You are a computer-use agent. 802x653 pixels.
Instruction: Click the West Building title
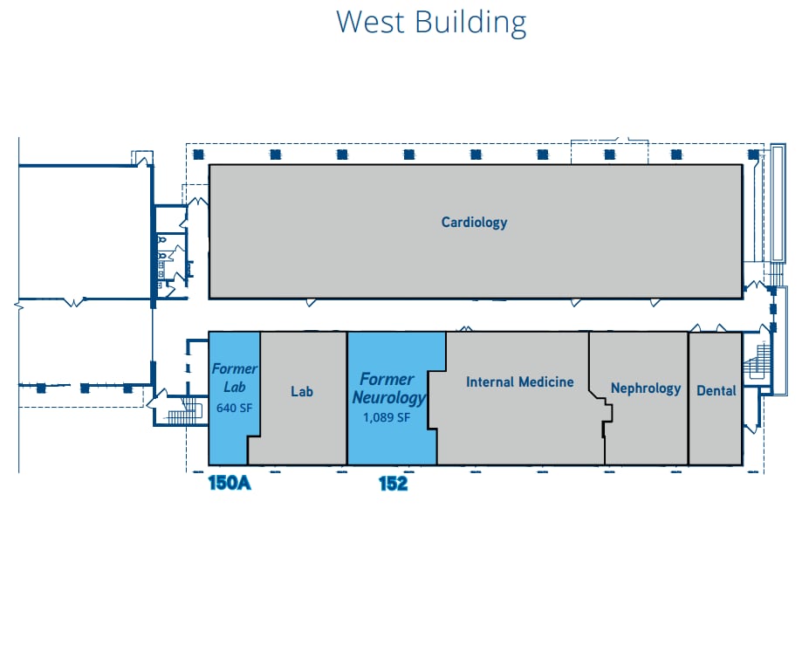(431, 23)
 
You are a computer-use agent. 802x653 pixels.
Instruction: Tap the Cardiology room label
(474, 223)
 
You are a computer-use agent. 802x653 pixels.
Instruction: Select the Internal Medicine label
(519, 381)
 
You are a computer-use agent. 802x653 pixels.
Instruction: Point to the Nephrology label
(646, 388)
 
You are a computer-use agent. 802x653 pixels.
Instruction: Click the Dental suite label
(716, 390)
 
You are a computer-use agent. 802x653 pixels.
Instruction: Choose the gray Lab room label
(302, 391)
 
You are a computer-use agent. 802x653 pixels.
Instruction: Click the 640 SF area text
(234, 408)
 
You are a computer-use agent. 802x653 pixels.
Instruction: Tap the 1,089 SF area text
(387, 417)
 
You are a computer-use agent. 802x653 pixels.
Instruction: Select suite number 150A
(230, 483)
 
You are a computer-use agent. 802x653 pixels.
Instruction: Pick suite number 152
(393, 484)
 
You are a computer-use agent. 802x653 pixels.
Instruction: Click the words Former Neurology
(388, 388)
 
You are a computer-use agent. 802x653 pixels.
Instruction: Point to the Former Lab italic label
(234, 378)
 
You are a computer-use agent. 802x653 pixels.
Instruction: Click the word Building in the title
(470, 23)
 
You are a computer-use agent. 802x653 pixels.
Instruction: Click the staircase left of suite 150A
(183, 414)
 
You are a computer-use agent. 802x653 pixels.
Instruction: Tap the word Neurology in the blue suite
(388, 398)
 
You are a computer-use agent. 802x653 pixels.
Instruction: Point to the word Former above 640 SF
(234, 368)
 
